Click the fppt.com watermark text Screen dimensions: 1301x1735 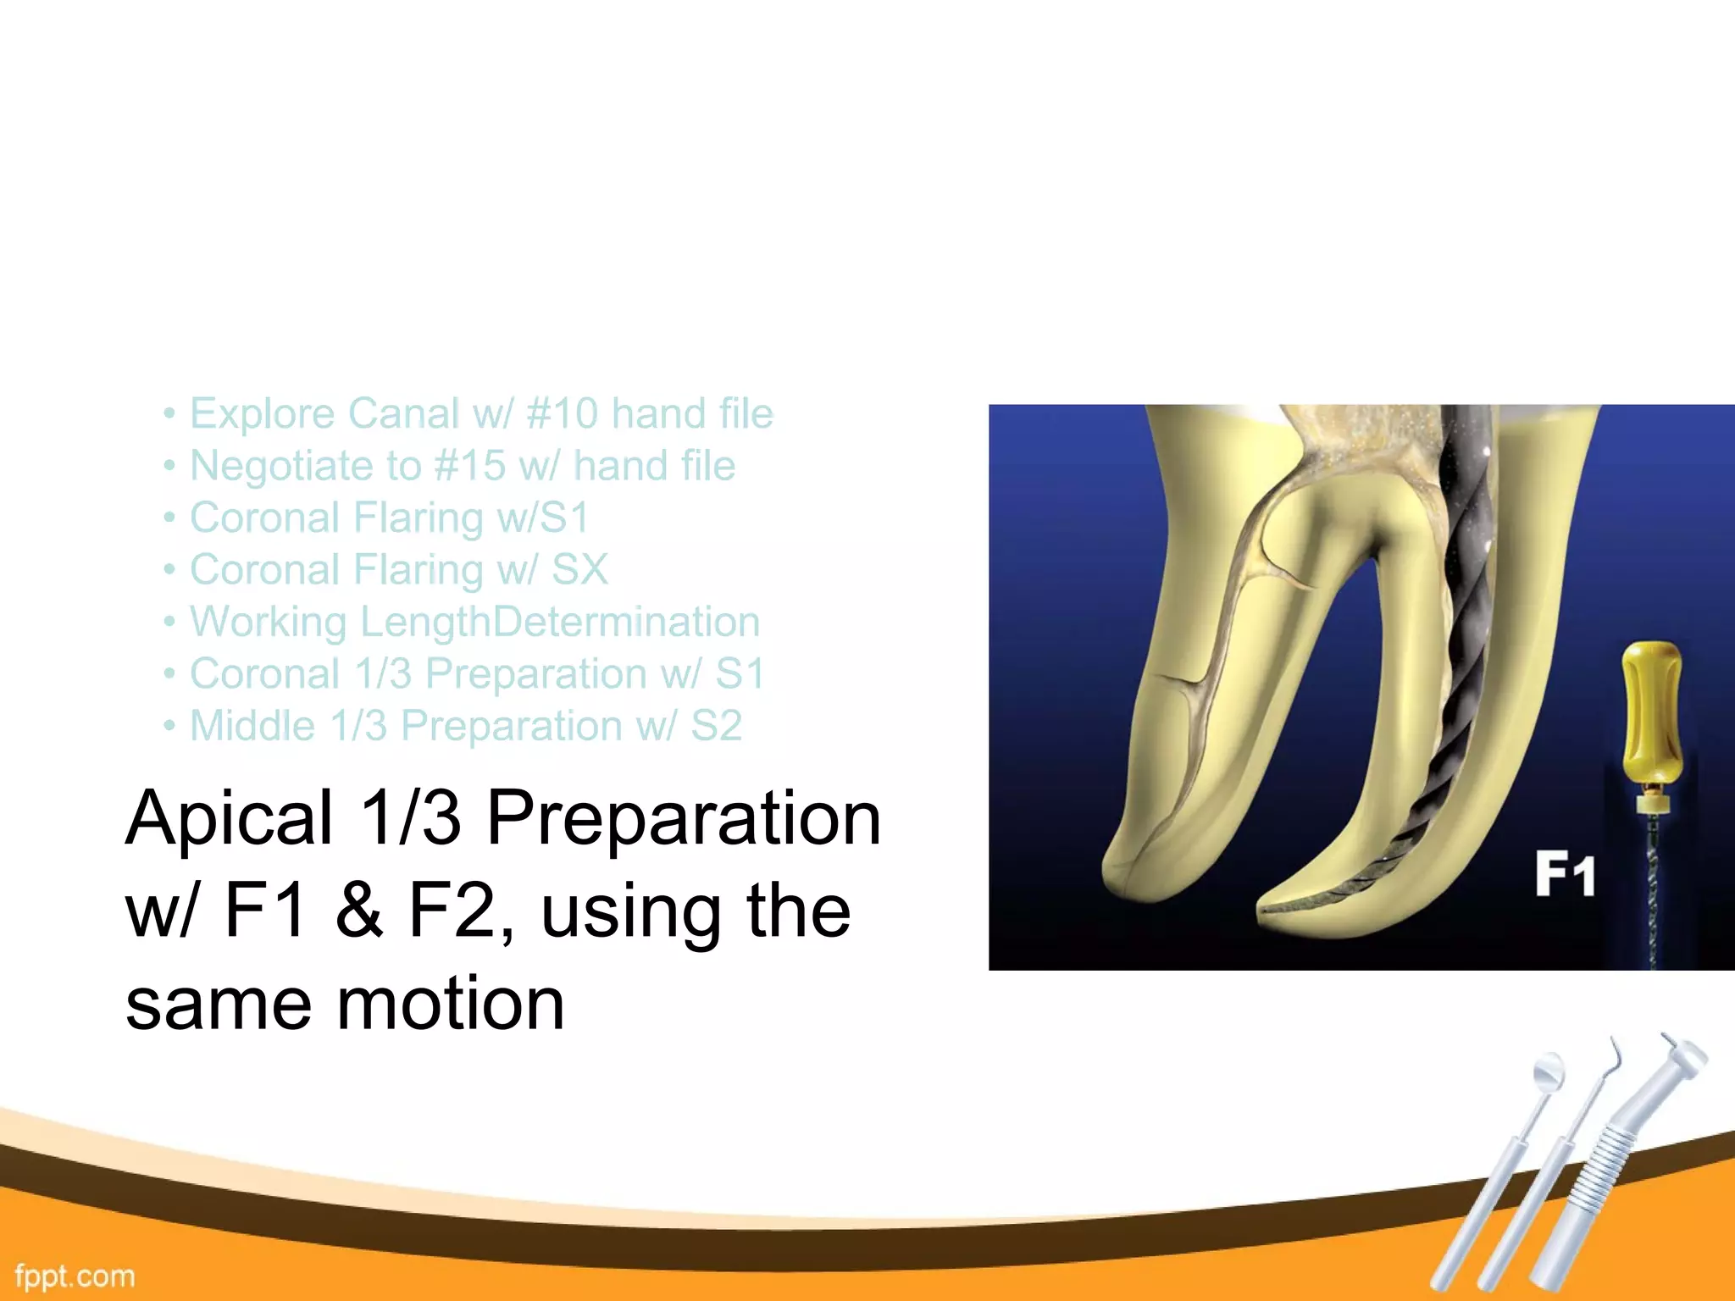75,1276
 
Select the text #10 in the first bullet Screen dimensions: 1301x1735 562,414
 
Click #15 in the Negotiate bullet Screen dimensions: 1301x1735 469,466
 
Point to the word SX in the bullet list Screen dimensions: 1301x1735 579,570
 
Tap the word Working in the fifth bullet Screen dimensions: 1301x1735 268,623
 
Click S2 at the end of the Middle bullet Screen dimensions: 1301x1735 716,727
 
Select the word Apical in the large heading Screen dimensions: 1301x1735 229,818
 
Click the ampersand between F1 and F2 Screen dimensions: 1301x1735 358,911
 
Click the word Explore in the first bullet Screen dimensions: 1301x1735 262,414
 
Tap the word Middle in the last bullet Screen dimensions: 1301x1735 252,727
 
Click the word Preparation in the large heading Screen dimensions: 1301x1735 684,818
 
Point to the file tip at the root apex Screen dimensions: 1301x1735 1271,911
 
